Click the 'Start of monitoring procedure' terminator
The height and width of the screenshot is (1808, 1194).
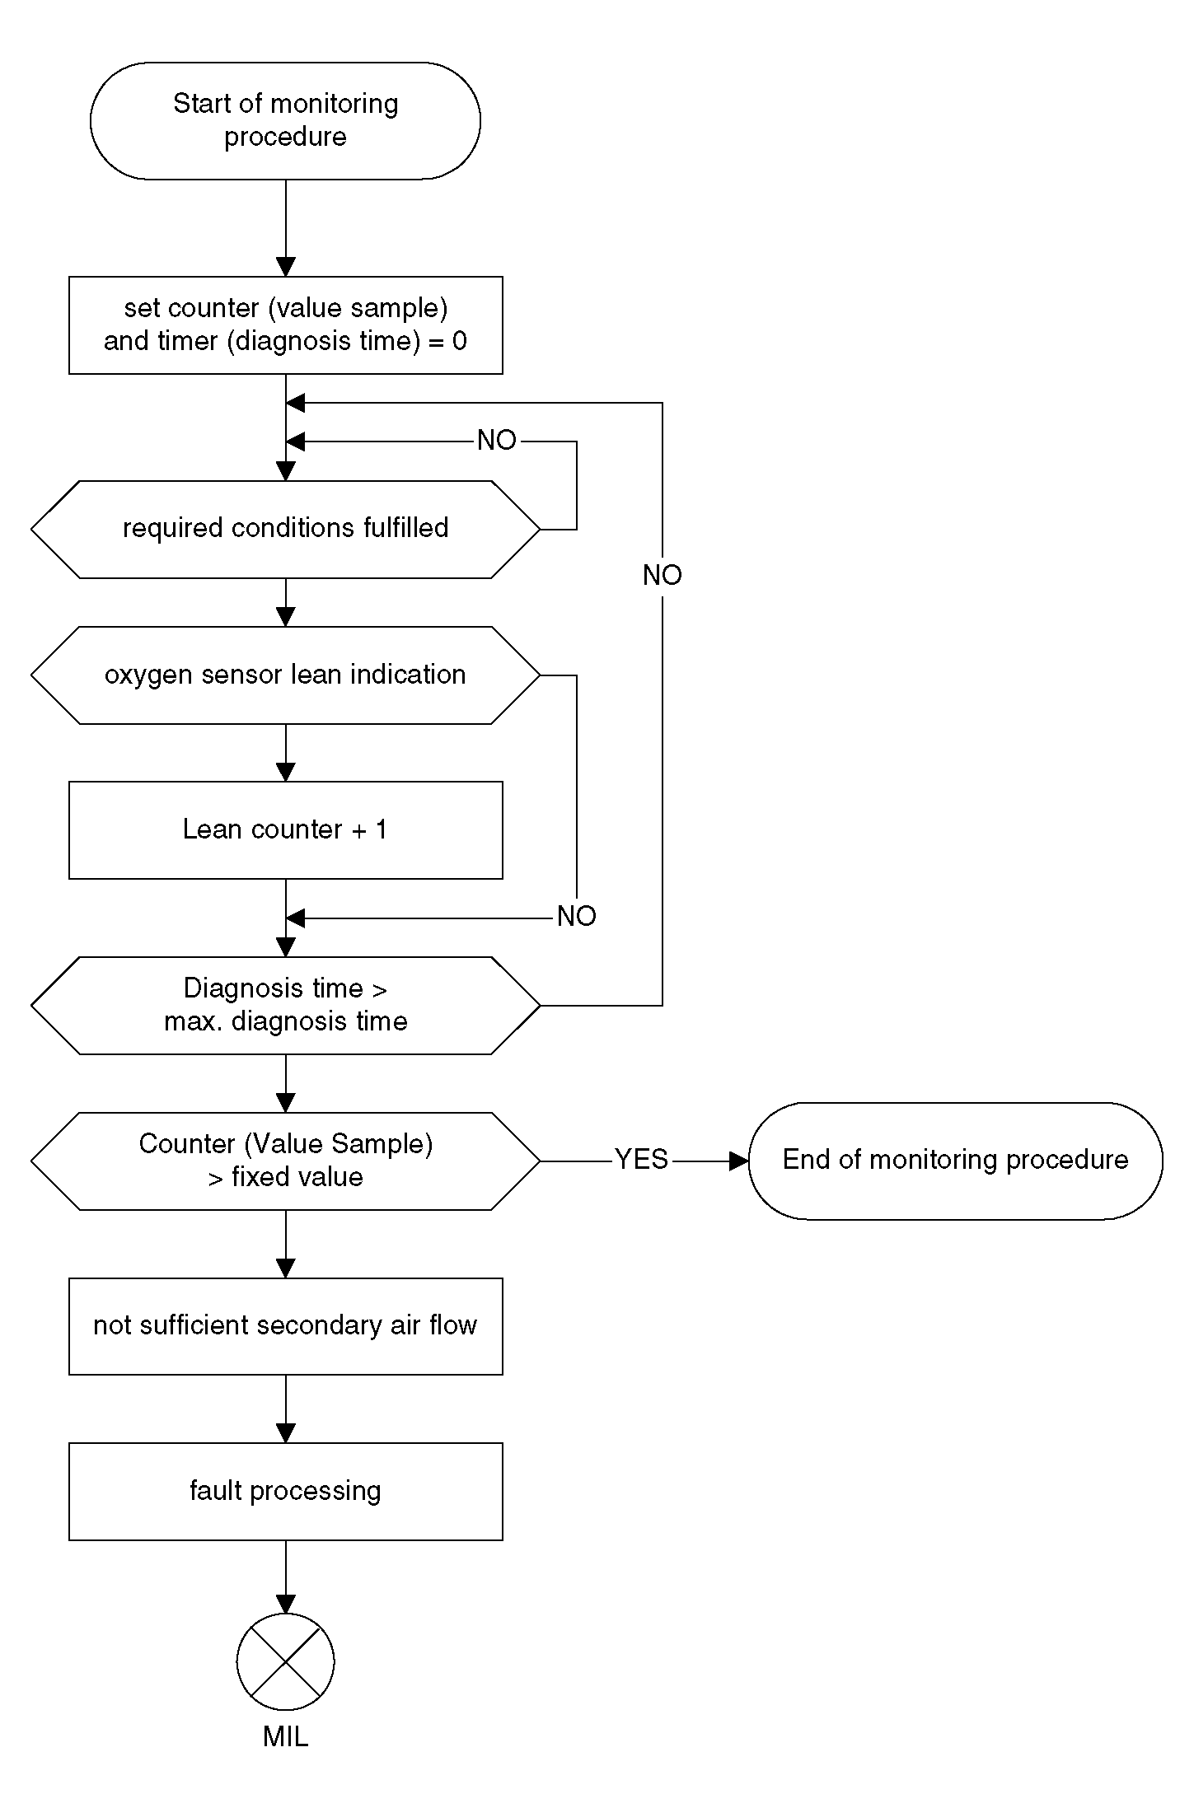[x=285, y=120]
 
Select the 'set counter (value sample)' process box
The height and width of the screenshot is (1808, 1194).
[x=285, y=325]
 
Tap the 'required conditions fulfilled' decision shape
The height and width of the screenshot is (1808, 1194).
[x=285, y=529]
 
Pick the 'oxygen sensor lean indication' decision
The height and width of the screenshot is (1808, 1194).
[x=285, y=675]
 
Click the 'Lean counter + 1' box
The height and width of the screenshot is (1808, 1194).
[x=285, y=829]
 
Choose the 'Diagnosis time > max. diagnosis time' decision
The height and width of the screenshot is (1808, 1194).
[x=285, y=1005]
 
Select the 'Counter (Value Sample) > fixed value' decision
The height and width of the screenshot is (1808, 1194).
[x=285, y=1161]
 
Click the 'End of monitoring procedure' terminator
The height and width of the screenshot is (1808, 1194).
[x=955, y=1161]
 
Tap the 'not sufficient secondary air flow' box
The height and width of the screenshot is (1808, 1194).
[x=285, y=1326]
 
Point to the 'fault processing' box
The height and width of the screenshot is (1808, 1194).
[x=285, y=1491]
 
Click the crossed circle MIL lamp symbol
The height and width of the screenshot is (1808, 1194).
[x=285, y=1662]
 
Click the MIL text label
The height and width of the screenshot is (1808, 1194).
[x=285, y=1737]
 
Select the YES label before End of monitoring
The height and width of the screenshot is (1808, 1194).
[x=641, y=1160]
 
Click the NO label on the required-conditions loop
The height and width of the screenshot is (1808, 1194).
[x=497, y=441]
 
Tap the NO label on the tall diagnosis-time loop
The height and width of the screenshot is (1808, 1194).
[x=663, y=575]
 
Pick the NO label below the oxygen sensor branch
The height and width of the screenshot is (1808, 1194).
[x=577, y=916]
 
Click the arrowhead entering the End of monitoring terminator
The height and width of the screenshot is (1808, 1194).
[x=739, y=1161]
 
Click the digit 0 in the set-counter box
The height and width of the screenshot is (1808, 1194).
[x=460, y=341]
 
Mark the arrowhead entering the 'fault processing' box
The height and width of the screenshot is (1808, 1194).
[x=285, y=1433]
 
